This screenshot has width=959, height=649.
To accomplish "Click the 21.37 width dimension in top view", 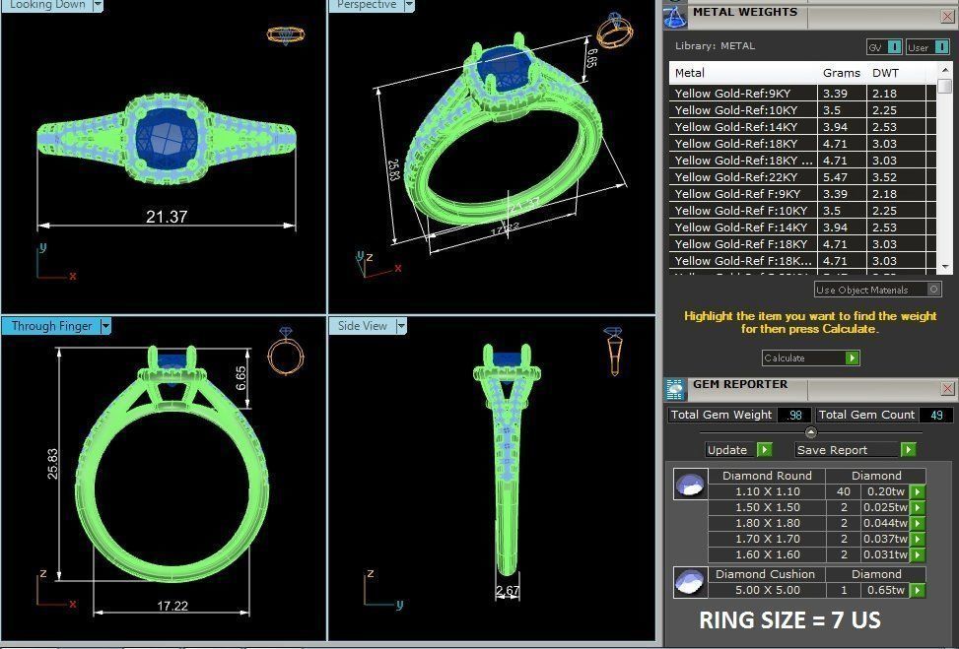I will coord(167,217).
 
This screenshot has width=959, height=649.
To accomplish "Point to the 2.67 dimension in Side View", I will coord(508,591).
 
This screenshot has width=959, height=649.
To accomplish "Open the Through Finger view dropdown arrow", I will coord(105,326).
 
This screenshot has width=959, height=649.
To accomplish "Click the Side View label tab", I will coord(363,326).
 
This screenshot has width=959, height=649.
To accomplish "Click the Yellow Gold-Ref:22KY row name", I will coord(734,177).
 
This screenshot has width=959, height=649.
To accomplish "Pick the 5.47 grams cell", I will coord(834,177).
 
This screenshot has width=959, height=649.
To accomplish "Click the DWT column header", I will coord(885,73).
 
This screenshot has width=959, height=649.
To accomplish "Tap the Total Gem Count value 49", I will coord(935,415).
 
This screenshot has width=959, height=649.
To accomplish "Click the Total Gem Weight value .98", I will coord(793,415).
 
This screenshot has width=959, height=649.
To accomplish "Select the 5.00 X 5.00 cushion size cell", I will coord(767,590).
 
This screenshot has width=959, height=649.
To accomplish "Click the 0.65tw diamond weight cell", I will coord(884,590).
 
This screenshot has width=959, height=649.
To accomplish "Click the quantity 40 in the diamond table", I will coord(843,491).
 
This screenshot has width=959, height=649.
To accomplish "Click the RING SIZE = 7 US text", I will coord(789,620).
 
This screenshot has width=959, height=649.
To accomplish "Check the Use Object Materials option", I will coord(933,290).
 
